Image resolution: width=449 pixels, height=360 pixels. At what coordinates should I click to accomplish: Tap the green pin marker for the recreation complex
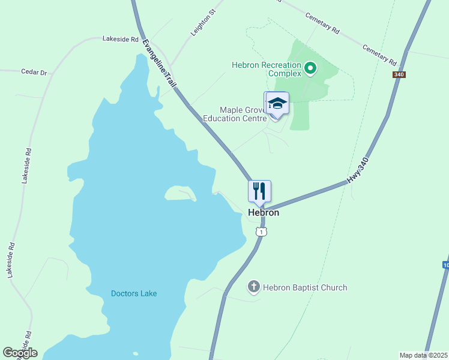310,68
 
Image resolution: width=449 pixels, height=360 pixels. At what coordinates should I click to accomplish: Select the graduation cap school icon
277,103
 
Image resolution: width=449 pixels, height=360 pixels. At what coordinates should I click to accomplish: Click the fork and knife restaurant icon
260,191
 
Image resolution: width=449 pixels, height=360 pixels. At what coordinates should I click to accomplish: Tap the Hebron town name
264,212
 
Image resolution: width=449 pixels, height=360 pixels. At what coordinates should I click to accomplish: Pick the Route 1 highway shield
261,231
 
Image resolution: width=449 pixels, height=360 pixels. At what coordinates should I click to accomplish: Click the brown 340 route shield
399,74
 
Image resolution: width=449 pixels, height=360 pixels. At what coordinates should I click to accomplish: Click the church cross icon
253,287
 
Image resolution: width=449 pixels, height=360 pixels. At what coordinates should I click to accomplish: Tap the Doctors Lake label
134,293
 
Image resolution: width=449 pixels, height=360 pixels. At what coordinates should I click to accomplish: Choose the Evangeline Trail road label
159,64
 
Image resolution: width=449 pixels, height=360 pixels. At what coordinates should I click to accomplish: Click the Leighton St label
202,23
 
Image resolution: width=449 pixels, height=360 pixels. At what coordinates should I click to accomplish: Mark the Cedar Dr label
34,73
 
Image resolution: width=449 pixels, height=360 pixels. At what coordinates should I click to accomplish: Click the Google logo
20,353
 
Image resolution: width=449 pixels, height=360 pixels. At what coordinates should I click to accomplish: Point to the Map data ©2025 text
423,355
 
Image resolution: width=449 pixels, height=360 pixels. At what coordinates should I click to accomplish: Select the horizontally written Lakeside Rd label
121,39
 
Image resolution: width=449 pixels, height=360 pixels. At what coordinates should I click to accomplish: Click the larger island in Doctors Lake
179,193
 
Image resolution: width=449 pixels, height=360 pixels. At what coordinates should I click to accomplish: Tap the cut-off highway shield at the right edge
445,265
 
